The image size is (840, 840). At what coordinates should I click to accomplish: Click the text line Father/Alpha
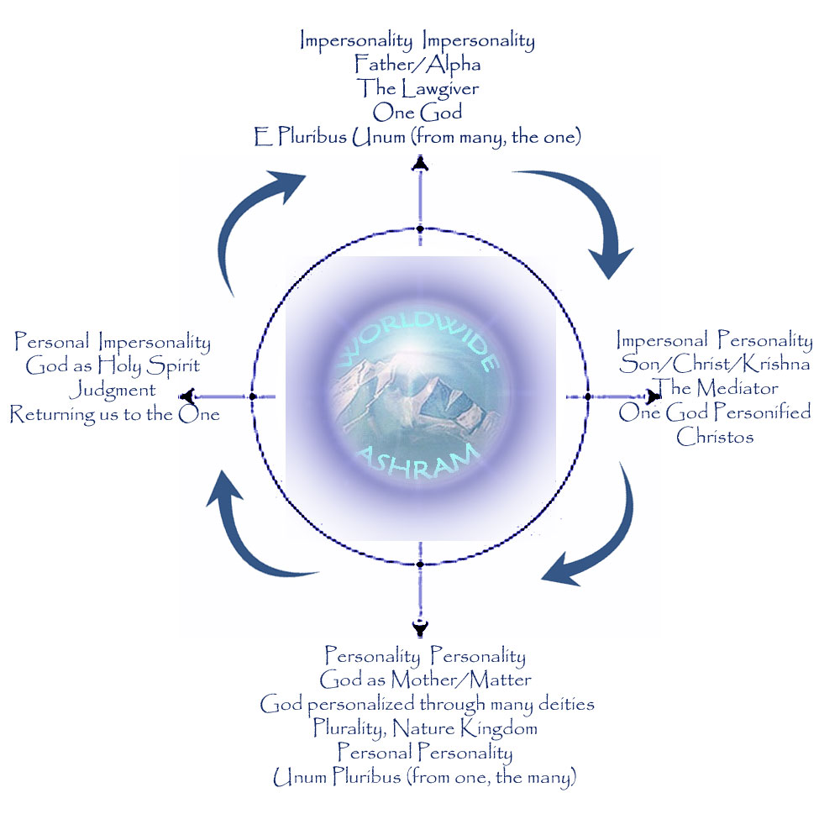(x=417, y=64)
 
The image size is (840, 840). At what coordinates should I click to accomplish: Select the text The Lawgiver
(x=417, y=87)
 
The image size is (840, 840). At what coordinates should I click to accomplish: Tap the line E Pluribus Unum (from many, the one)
(x=417, y=137)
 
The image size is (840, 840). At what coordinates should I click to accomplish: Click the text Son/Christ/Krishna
(x=715, y=365)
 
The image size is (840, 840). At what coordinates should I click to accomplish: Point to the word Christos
(x=715, y=437)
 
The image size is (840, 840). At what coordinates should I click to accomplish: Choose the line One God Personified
(x=715, y=412)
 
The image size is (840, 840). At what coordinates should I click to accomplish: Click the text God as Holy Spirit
(x=113, y=366)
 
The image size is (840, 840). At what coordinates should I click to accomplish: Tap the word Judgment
(x=113, y=390)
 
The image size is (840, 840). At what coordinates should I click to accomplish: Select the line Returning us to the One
(x=115, y=414)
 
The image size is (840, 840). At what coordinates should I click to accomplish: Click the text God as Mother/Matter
(x=425, y=679)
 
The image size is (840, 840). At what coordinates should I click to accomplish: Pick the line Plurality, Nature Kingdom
(x=425, y=727)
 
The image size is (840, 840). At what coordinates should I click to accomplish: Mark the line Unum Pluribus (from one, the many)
(x=425, y=778)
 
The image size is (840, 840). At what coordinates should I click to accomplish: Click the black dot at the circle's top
(x=419, y=228)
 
